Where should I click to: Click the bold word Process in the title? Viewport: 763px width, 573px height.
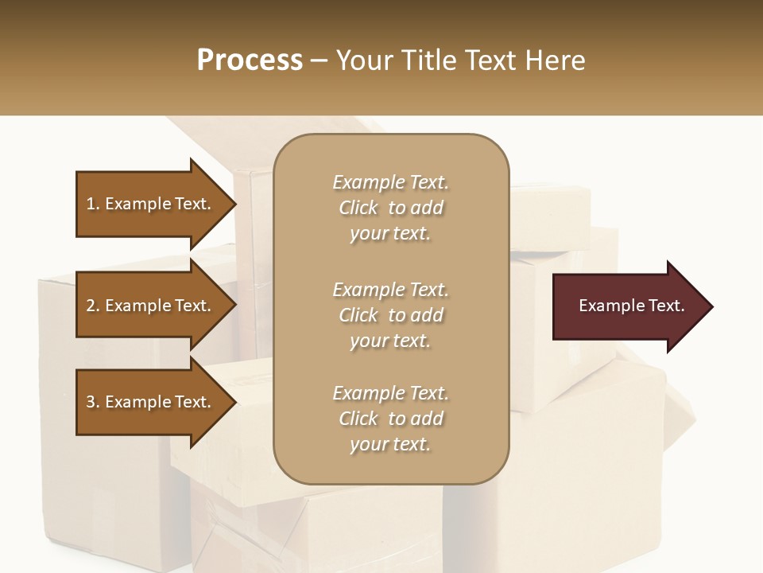click(x=250, y=60)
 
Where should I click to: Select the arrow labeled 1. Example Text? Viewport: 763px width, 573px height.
click(x=151, y=204)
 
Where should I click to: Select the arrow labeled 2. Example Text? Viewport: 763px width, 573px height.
click(x=151, y=306)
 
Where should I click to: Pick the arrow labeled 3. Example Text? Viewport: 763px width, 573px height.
click(x=151, y=402)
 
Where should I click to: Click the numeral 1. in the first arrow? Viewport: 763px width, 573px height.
click(x=93, y=204)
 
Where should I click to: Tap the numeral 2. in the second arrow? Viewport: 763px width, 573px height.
click(x=93, y=306)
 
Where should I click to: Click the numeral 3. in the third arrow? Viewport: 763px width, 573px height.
click(x=93, y=402)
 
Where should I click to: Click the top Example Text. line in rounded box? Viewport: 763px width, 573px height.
click(x=390, y=182)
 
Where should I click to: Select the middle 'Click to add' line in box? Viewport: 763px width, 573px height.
click(x=390, y=315)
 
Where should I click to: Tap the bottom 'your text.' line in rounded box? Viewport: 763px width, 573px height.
click(x=390, y=445)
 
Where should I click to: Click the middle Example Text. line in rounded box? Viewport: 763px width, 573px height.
click(x=390, y=290)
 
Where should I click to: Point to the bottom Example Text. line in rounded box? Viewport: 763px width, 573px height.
click(x=390, y=393)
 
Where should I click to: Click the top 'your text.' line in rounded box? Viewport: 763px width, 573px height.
click(x=390, y=234)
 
